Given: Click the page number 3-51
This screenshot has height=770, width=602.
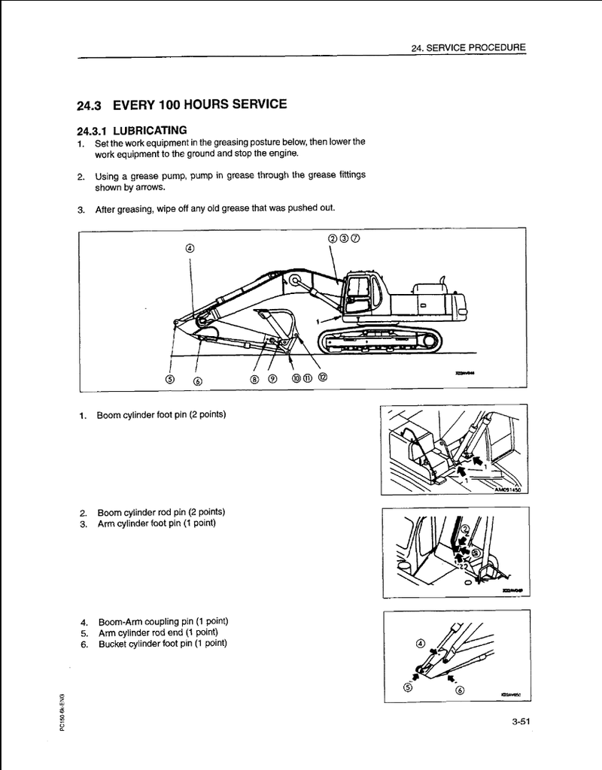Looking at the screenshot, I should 521,723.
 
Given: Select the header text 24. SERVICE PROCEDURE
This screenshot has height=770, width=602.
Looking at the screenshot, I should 468,47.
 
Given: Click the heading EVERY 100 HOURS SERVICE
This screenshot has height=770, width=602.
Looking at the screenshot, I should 199,104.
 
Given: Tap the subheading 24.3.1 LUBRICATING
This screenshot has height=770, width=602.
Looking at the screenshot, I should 132,130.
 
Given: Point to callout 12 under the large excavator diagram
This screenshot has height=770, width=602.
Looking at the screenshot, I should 323,377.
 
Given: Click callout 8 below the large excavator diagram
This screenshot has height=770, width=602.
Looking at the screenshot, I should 254,379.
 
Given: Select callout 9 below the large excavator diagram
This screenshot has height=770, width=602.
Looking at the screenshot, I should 272,379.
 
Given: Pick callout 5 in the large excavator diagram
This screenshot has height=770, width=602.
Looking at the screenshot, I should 170,379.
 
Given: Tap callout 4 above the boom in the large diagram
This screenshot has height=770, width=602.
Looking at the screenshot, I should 190,248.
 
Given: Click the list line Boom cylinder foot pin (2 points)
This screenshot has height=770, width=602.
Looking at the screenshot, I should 161,415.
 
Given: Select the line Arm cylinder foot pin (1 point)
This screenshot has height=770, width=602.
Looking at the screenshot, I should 156,523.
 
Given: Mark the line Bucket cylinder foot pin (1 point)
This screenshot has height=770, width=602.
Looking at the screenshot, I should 162,643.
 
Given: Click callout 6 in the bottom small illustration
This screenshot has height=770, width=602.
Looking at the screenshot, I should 460,691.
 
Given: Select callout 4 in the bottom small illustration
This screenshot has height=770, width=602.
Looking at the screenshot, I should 420,644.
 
